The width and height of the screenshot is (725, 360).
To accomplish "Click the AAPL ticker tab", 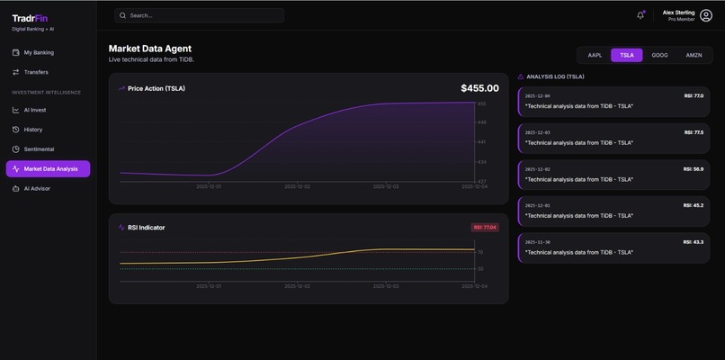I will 595,55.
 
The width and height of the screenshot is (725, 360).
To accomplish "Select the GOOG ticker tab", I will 659,55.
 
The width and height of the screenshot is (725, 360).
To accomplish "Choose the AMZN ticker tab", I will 694,55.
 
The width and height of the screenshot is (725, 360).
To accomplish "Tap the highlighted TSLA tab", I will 627,55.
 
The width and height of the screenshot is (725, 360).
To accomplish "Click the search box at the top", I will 199,15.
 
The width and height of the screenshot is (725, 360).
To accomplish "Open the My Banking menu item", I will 39,52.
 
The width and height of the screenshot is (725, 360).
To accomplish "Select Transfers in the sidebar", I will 36,72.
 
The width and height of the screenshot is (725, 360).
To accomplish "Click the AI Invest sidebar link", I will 35,110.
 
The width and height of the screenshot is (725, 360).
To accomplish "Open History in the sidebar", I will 32,130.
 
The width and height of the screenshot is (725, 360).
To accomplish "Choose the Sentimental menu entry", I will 39,148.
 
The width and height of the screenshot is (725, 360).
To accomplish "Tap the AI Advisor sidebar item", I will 36,188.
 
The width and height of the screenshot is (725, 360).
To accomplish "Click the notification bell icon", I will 640,15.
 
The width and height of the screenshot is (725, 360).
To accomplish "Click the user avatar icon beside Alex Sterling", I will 706,15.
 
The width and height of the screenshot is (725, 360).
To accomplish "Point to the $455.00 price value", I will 479,88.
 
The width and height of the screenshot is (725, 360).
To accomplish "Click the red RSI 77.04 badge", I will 485,228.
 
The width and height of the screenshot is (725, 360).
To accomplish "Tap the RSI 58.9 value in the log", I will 693,168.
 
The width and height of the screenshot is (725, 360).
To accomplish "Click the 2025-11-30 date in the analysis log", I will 538,242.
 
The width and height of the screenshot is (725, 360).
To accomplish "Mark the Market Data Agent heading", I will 150,49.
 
